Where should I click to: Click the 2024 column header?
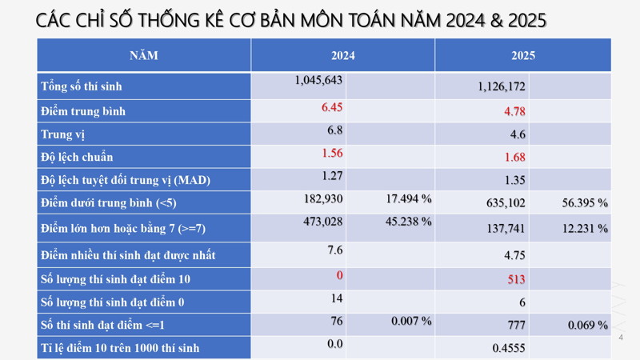pos(342,56)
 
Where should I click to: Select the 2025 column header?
pos(523,56)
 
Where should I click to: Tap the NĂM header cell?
pos(144,56)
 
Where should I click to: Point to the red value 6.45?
pos(332,106)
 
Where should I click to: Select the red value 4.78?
pos(514,111)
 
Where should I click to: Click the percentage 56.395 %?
pos(585,203)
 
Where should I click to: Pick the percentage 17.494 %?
pos(409,198)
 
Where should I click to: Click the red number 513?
pos(516,280)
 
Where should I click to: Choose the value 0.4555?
pos(508,348)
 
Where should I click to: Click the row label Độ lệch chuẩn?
pos(77,157)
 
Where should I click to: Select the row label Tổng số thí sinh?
pos(82,86)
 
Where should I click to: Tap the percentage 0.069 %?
pos(588,326)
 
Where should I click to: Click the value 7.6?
pos(334,250)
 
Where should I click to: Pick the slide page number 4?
pos(621,338)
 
